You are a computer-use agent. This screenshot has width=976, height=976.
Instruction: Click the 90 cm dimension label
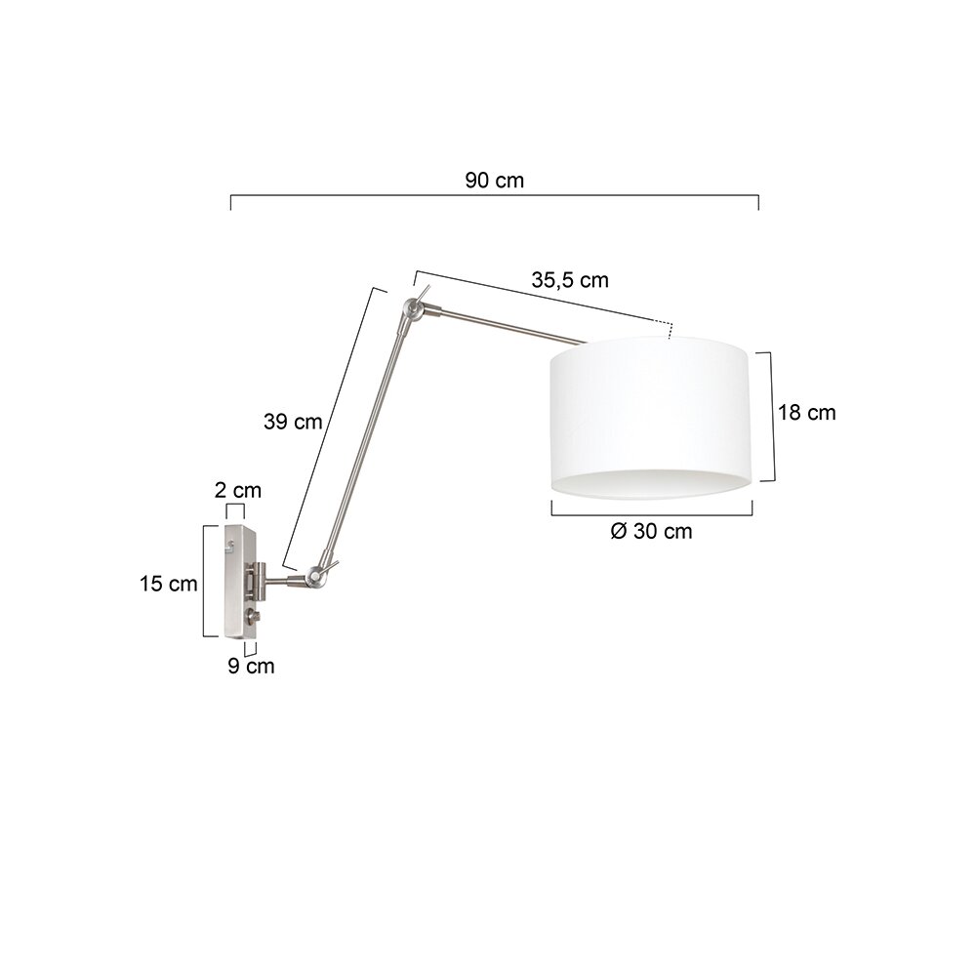(x=494, y=181)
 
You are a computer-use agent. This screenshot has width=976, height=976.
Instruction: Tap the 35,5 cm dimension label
(x=570, y=280)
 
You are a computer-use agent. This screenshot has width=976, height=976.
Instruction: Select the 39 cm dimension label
(x=293, y=422)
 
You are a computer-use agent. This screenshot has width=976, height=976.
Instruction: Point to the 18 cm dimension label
(x=806, y=413)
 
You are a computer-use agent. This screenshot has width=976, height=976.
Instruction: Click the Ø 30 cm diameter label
(x=651, y=531)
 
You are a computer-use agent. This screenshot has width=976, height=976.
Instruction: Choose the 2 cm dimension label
(x=238, y=491)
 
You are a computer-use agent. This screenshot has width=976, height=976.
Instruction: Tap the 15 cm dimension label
(x=168, y=584)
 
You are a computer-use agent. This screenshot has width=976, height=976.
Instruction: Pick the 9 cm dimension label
(x=251, y=666)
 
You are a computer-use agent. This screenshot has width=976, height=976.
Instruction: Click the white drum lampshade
(x=651, y=417)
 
